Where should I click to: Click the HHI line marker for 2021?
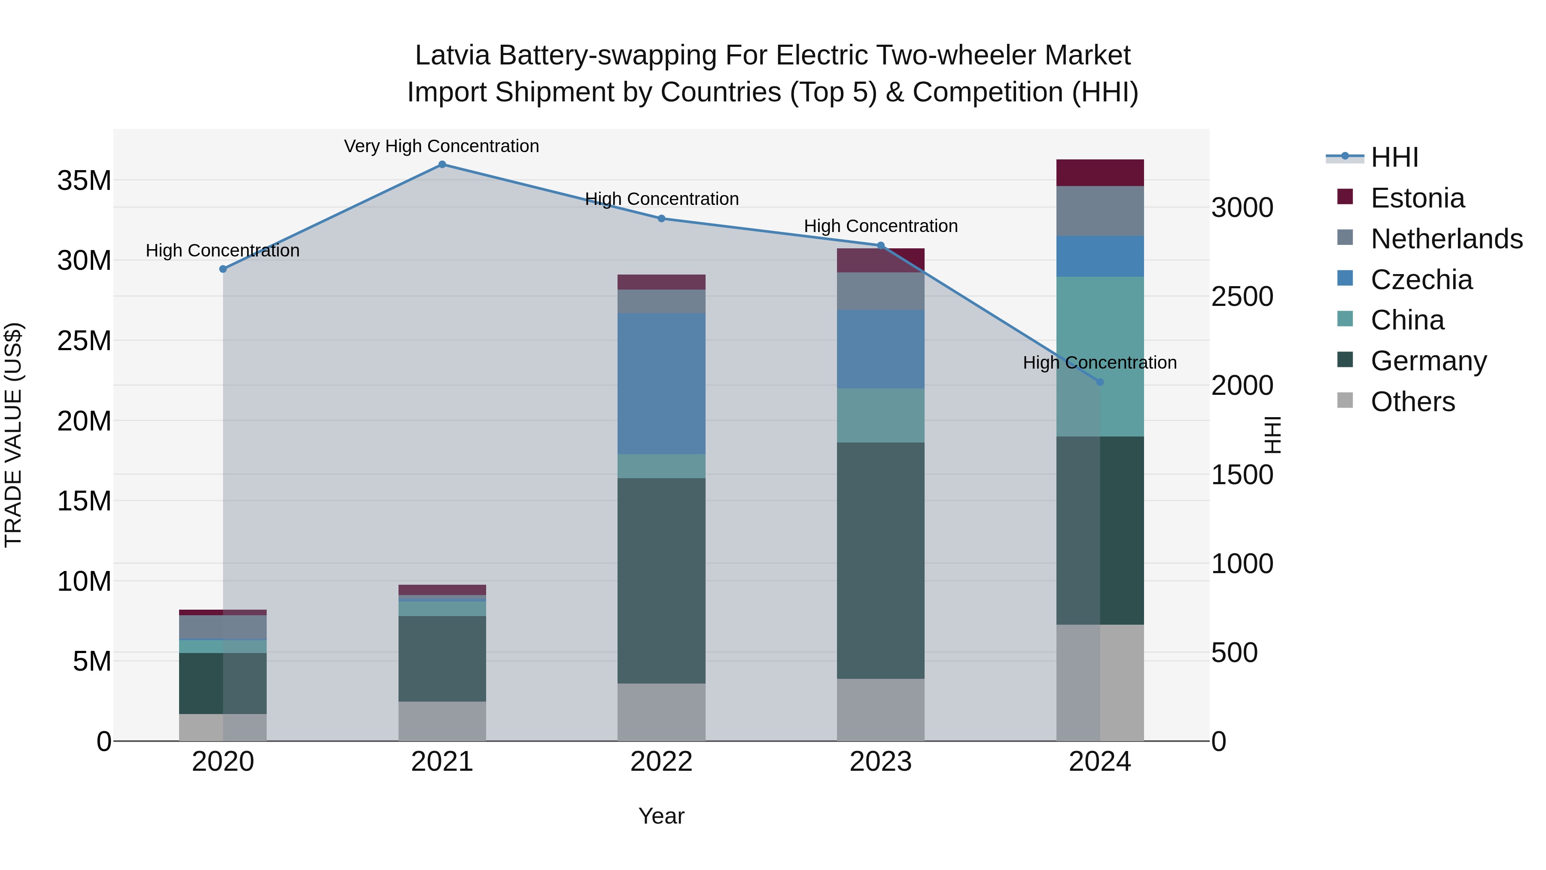click(x=442, y=165)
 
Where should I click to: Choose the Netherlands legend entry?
click(x=1446, y=238)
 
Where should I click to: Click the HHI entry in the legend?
click(x=1394, y=157)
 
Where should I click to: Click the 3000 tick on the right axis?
click(x=1242, y=208)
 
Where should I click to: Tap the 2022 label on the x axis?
click(x=661, y=761)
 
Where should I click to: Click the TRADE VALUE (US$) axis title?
click(x=13, y=435)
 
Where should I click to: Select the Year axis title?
click(x=661, y=815)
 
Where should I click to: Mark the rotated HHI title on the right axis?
click(x=1272, y=435)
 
